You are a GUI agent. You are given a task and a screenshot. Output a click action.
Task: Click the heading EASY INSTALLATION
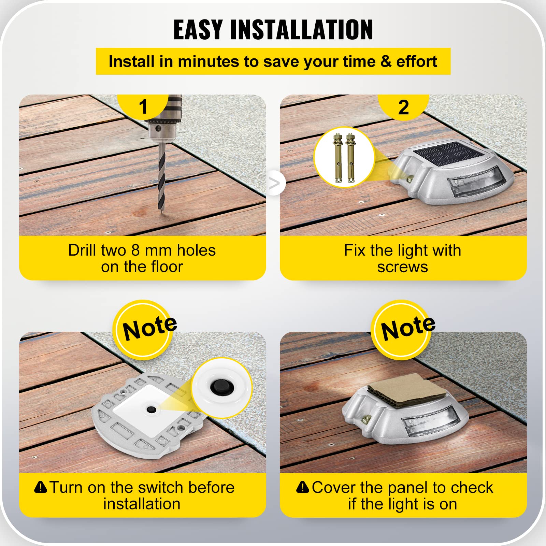point(273,30)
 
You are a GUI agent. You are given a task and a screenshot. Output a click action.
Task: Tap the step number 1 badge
point(143,106)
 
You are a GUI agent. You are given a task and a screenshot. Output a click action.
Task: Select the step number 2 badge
point(403,107)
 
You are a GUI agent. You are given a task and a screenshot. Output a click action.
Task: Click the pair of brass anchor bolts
point(344,157)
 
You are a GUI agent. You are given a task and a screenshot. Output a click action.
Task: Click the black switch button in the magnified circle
point(217,387)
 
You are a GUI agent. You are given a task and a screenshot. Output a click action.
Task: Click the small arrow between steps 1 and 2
point(274,183)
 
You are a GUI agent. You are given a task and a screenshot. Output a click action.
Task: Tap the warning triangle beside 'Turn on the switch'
point(41,487)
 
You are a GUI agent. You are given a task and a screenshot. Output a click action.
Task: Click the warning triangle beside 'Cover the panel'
point(303,487)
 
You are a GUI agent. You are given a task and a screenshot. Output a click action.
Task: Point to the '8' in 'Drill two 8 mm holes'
point(135,250)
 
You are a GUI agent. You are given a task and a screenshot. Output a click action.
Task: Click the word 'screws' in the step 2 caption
point(403,267)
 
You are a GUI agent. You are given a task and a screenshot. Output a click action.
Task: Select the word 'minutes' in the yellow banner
point(208,61)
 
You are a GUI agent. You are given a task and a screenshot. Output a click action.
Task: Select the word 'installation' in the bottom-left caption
point(142,504)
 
